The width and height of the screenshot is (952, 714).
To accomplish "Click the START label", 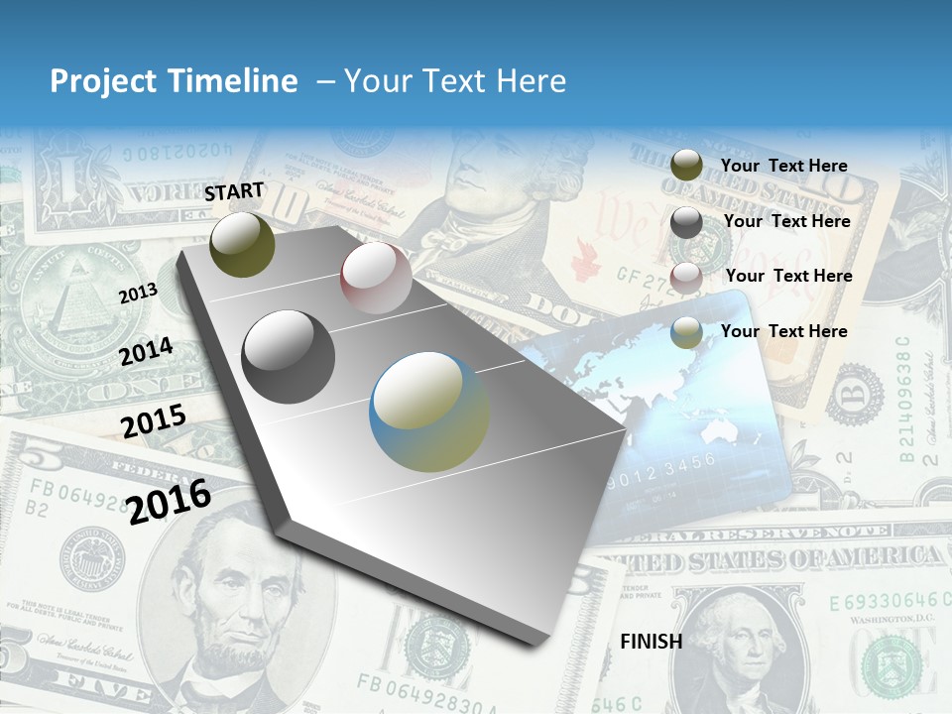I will point(235,191).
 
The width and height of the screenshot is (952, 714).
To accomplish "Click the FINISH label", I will point(651,642).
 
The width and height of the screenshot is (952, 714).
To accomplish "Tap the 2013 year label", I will point(138,293).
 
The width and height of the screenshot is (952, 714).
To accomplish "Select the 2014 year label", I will point(146,352).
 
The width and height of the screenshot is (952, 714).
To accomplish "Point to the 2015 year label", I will point(153,421).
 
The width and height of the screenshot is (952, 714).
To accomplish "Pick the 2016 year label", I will point(169,501).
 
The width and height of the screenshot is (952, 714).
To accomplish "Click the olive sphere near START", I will point(242,244).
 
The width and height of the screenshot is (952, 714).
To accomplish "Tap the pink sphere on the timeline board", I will point(376,278).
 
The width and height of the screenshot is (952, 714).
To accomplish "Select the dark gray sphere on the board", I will point(289,357).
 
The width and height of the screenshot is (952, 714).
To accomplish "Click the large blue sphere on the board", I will point(429,412).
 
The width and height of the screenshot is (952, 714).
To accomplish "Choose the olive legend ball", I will point(686,166).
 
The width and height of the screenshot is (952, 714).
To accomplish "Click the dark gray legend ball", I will point(686,222).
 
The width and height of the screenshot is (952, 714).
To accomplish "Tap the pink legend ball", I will point(686,278).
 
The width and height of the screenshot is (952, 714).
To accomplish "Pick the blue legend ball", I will point(686,332).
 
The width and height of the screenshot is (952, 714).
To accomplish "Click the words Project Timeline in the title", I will point(174,81).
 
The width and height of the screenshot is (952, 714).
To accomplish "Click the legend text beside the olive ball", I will point(783,166).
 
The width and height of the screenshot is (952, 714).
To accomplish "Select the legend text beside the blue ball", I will point(783,331).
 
